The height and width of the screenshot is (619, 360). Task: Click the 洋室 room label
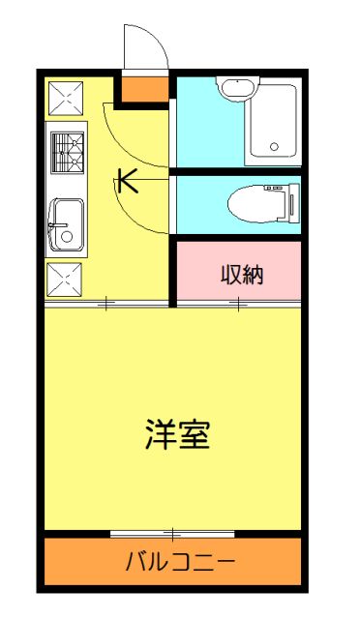pyautogui.click(x=178, y=434)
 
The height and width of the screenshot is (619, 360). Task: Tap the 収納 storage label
pyautogui.click(x=242, y=274)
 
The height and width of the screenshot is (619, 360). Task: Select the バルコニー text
pyautogui.click(x=180, y=562)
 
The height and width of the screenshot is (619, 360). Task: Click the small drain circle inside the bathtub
pyautogui.click(x=274, y=148)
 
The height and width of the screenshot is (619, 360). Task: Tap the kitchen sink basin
pyautogui.click(x=68, y=224)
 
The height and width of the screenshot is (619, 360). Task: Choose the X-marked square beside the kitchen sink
pyautogui.click(x=66, y=280)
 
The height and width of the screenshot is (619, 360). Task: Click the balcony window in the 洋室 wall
pyautogui.click(x=171, y=533)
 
